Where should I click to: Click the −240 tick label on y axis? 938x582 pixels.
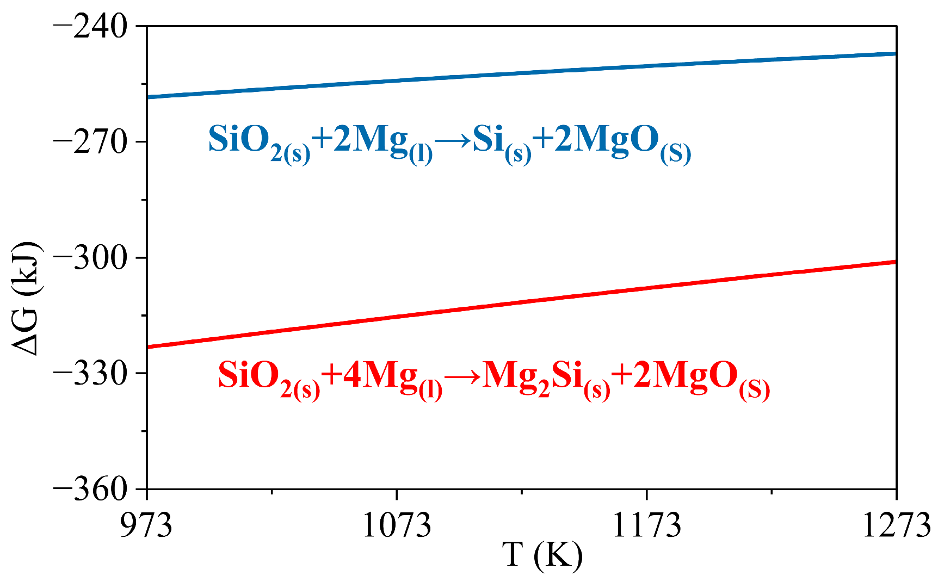point(90,27)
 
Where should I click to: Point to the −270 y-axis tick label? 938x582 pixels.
point(90,142)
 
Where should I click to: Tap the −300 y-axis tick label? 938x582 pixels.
point(90,258)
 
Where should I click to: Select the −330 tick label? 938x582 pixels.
point(90,374)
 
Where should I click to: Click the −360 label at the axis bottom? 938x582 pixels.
point(90,489)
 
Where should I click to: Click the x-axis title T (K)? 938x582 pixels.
point(542,556)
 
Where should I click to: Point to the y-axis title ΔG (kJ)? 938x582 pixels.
point(26,298)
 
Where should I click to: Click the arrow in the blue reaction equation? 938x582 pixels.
point(453,140)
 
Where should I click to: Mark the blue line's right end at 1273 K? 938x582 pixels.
point(895,54)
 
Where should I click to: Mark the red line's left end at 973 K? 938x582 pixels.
point(148,346)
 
